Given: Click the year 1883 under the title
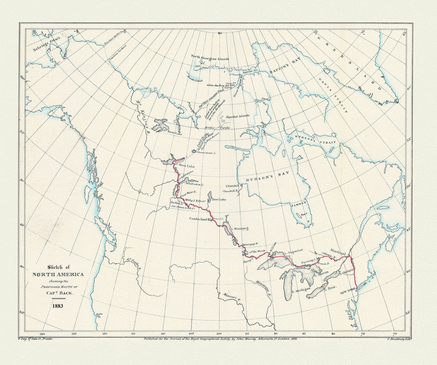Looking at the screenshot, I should pyautogui.click(x=57, y=305).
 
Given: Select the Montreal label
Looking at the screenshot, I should pyautogui.click(x=338, y=251).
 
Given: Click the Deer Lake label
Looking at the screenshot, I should pyautogui.click(x=219, y=200).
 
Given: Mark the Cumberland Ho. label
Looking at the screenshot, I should pyautogui.click(x=200, y=219).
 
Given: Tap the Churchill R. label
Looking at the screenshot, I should pyautogui.click(x=231, y=191).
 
